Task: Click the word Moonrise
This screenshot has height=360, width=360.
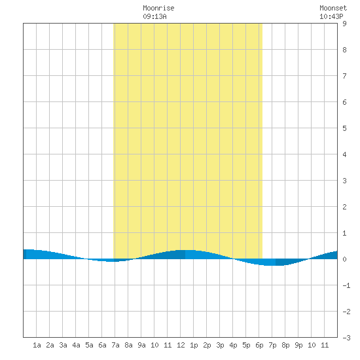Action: coord(158,8)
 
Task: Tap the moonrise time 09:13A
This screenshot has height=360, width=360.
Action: coord(154,16)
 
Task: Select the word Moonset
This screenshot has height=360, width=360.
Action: coord(333,8)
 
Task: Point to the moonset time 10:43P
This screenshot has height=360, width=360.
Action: coord(331,16)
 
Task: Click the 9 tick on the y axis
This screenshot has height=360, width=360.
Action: coord(344,24)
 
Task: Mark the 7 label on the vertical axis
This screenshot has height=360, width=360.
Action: coord(344,76)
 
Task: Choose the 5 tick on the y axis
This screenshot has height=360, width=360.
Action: coord(344,128)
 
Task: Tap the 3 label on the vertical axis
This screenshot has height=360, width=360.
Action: coord(344,181)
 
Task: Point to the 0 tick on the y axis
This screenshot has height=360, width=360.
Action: coord(344,259)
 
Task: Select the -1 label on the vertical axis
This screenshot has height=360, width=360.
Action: coord(346,285)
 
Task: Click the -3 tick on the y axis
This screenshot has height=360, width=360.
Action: coord(346,338)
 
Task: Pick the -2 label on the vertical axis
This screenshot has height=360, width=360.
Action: coord(346,312)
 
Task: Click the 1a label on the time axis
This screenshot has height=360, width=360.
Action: coord(37,345)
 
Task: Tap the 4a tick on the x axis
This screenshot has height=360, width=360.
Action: coord(76,345)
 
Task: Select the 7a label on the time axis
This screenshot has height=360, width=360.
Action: coord(115,345)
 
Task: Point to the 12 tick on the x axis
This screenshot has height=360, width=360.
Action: coord(181,345)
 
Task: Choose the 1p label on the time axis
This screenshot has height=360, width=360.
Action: coord(194,345)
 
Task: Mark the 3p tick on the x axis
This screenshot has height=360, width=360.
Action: coord(220,345)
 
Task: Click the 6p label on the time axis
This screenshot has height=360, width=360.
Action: coord(259,345)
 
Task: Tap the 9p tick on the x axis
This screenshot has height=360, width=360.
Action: coord(298,345)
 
